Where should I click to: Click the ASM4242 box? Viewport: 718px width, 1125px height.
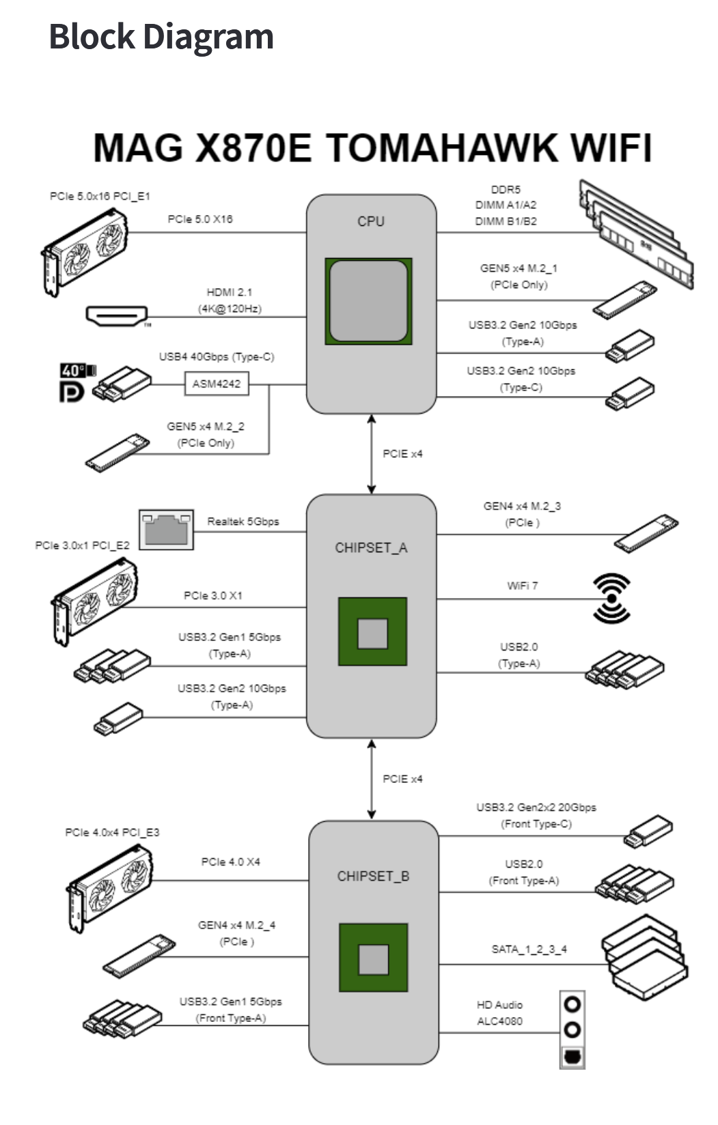[217, 384]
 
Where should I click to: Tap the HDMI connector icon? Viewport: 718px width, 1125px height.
[117, 316]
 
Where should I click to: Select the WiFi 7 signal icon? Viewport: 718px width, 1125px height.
[611, 598]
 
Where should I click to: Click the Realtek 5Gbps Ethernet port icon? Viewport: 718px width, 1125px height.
[166, 529]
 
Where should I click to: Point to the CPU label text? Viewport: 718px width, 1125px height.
[371, 221]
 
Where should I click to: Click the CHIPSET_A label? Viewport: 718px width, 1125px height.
[371, 547]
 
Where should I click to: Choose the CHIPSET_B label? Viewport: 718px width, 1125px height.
[373, 876]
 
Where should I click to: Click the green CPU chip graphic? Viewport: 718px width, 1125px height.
[368, 301]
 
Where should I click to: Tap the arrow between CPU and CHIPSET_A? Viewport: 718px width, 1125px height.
[372, 453]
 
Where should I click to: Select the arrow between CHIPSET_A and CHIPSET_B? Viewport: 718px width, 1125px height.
[372, 778]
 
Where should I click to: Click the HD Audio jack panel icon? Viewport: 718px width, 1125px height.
[572, 1029]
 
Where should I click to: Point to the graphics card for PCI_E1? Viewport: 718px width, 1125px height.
[85, 251]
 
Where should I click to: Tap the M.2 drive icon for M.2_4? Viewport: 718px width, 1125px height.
[139, 955]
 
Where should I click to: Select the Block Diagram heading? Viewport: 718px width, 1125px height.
[161, 37]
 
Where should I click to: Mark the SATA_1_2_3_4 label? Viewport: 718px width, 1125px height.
[529, 949]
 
